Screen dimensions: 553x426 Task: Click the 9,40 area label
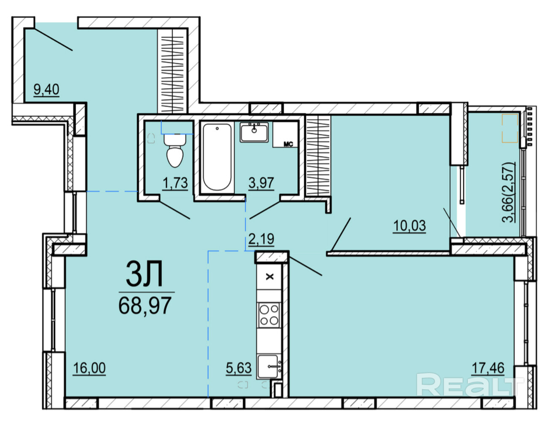pyautogui.click(x=46, y=89)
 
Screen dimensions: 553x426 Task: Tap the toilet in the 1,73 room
pyautogui.click(x=175, y=150)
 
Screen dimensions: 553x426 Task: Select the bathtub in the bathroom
pyautogui.click(x=217, y=157)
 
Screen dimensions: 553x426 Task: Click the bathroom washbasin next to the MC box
pyautogui.click(x=254, y=132)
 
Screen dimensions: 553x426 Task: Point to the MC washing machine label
pyautogui.click(x=288, y=144)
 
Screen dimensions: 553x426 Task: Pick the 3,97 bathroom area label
pyautogui.click(x=261, y=182)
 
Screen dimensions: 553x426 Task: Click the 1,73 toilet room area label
pyautogui.click(x=175, y=182)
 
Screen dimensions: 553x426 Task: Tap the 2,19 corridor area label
pyautogui.click(x=261, y=239)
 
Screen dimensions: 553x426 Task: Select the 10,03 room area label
pyautogui.click(x=409, y=225)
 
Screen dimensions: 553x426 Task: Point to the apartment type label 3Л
pyautogui.click(x=144, y=274)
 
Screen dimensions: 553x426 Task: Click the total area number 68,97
pyautogui.click(x=145, y=306)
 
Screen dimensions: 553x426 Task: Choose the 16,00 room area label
pyautogui.click(x=89, y=368)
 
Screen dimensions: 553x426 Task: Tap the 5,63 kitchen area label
pyautogui.click(x=239, y=368)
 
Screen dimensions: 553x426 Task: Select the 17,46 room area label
pyautogui.click(x=488, y=368)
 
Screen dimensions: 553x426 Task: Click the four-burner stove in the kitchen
pyautogui.click(x=269, y=315)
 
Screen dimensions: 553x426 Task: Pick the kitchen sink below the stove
pyautogui.click(x=269, y=367)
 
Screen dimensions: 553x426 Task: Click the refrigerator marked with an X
pyautogui.click(x=269, y=277)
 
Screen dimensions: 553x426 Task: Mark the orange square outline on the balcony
pyautogui.click(x=510, y=128)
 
